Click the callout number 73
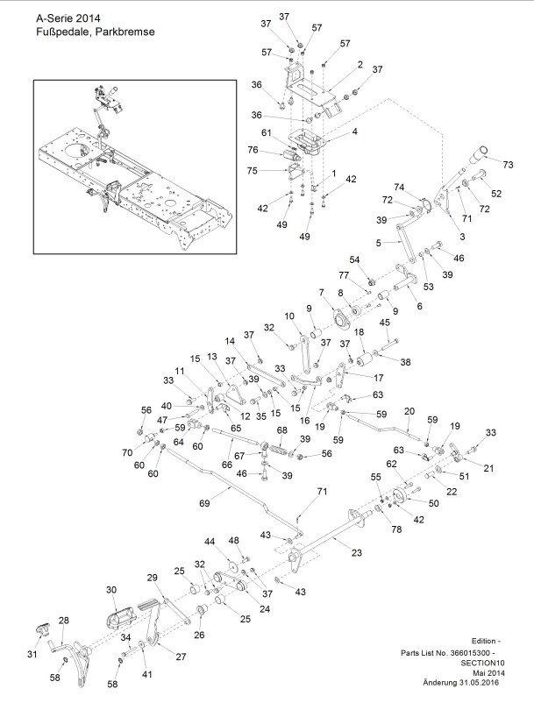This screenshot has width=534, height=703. (x=508, y=165)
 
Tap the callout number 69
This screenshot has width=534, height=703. (x=204, y=503)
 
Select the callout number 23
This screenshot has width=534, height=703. (x=357, y=553)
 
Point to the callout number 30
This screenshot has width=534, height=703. (x=111, y=590)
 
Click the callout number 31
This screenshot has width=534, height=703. (x=32, y=654)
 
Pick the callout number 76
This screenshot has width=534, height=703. (x=253, y=150)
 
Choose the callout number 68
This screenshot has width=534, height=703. (x=281, y=430)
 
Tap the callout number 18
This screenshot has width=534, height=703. (x=360, y=332)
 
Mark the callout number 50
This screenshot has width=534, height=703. (x=433, y=503)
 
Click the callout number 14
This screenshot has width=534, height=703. (x=230, y=341)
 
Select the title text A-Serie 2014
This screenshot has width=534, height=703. (x=68, y=18)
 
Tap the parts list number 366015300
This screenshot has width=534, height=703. (x=471, y=653)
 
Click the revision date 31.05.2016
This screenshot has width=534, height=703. (x=479, y=683)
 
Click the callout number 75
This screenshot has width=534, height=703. (x=253, y=171)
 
